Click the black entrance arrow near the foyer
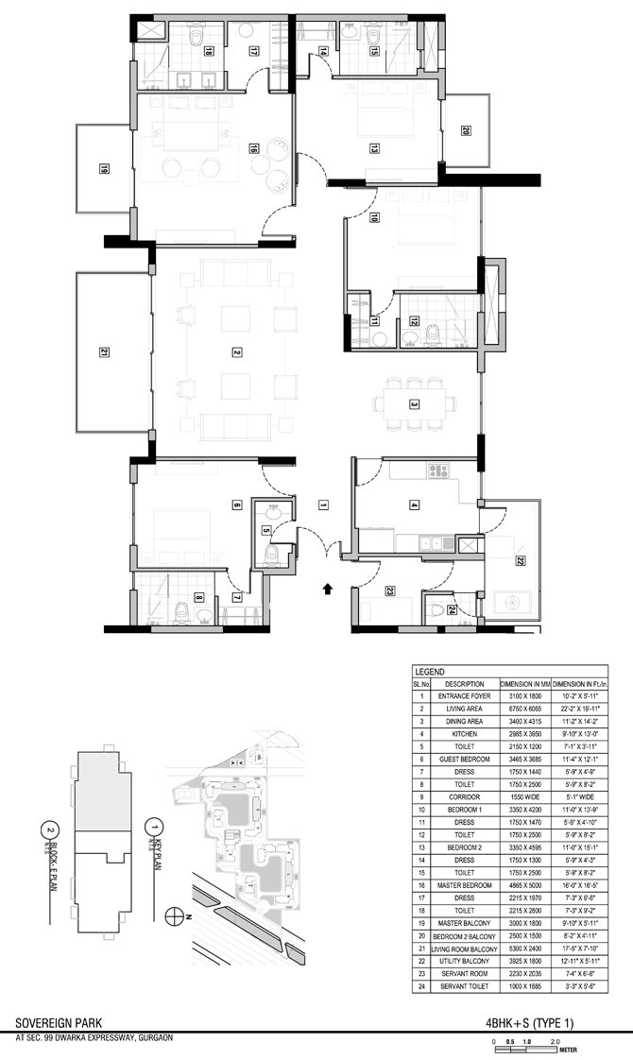328,589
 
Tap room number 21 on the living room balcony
104,352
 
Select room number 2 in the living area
237,352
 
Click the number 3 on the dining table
414,403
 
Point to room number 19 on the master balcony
103,170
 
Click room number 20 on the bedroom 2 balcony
465,131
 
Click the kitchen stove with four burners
439,470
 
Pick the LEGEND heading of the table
430,671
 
